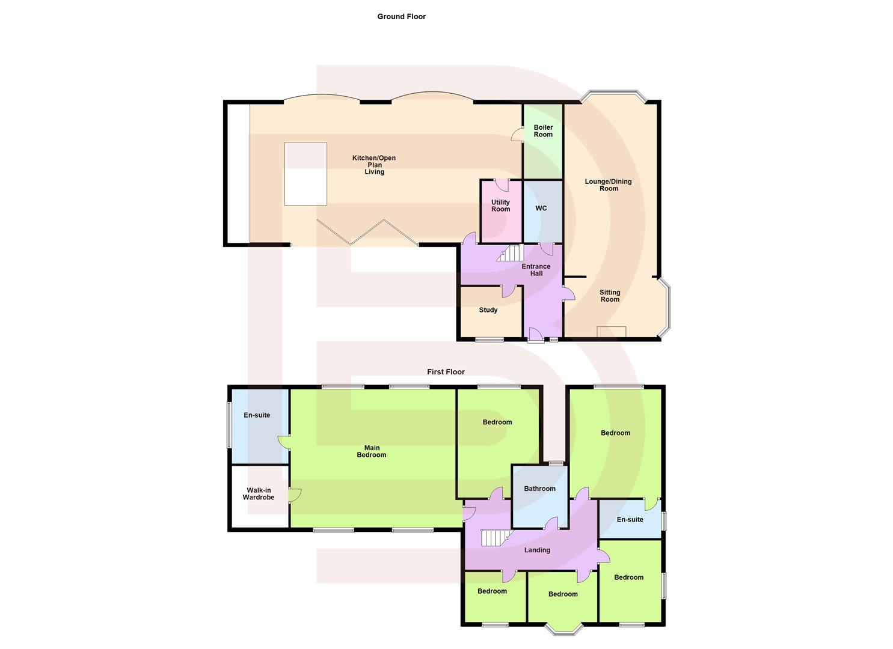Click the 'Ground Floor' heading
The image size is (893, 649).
(x=401, y=17)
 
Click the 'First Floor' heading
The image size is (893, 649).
(x=446, y=372)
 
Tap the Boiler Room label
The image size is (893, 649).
(x=543, y=131)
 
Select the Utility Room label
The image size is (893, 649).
(x=500, y=206)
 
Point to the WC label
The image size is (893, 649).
(x=541, y=209)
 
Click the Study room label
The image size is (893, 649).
(x=488, y=310)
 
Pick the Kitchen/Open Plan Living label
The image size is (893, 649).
(x=374, y=165)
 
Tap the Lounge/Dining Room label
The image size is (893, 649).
(x=609, y=185)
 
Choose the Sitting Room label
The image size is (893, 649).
(x=610, y=296)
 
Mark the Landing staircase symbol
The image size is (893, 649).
(x=495, y=538)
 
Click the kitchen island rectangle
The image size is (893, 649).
(x=305, y=174)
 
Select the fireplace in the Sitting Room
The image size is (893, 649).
(x=611, y=332)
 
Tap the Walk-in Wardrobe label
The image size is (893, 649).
(x=259, y=494)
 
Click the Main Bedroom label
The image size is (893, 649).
(x=372, y=451)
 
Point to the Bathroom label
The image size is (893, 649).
(x=539, y=489)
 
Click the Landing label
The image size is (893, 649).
(x=537, y=550)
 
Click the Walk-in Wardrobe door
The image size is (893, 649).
(x=295, y=495)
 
